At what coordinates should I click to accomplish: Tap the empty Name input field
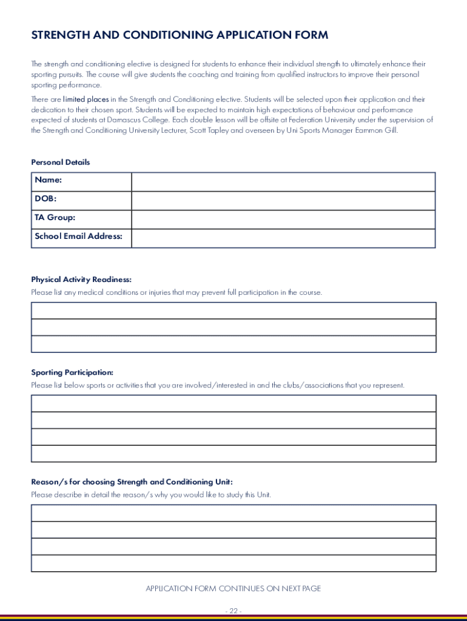[283, 182]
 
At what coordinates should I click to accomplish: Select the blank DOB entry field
[283, 201]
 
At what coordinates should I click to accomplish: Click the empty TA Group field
[283, 220]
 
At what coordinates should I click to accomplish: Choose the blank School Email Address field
[283, 238]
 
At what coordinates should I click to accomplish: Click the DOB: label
[45, 199]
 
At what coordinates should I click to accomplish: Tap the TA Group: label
[55, 218]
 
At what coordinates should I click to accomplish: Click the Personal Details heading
[61, 163]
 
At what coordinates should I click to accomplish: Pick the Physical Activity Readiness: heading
[81, 280]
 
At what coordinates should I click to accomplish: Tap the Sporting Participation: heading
[72, 372]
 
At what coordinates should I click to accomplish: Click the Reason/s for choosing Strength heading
[132, 482]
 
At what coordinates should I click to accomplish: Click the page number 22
[233, 611]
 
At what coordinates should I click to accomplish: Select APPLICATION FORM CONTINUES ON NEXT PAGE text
[233, 589]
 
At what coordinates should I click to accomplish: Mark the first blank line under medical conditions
[233, 310]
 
